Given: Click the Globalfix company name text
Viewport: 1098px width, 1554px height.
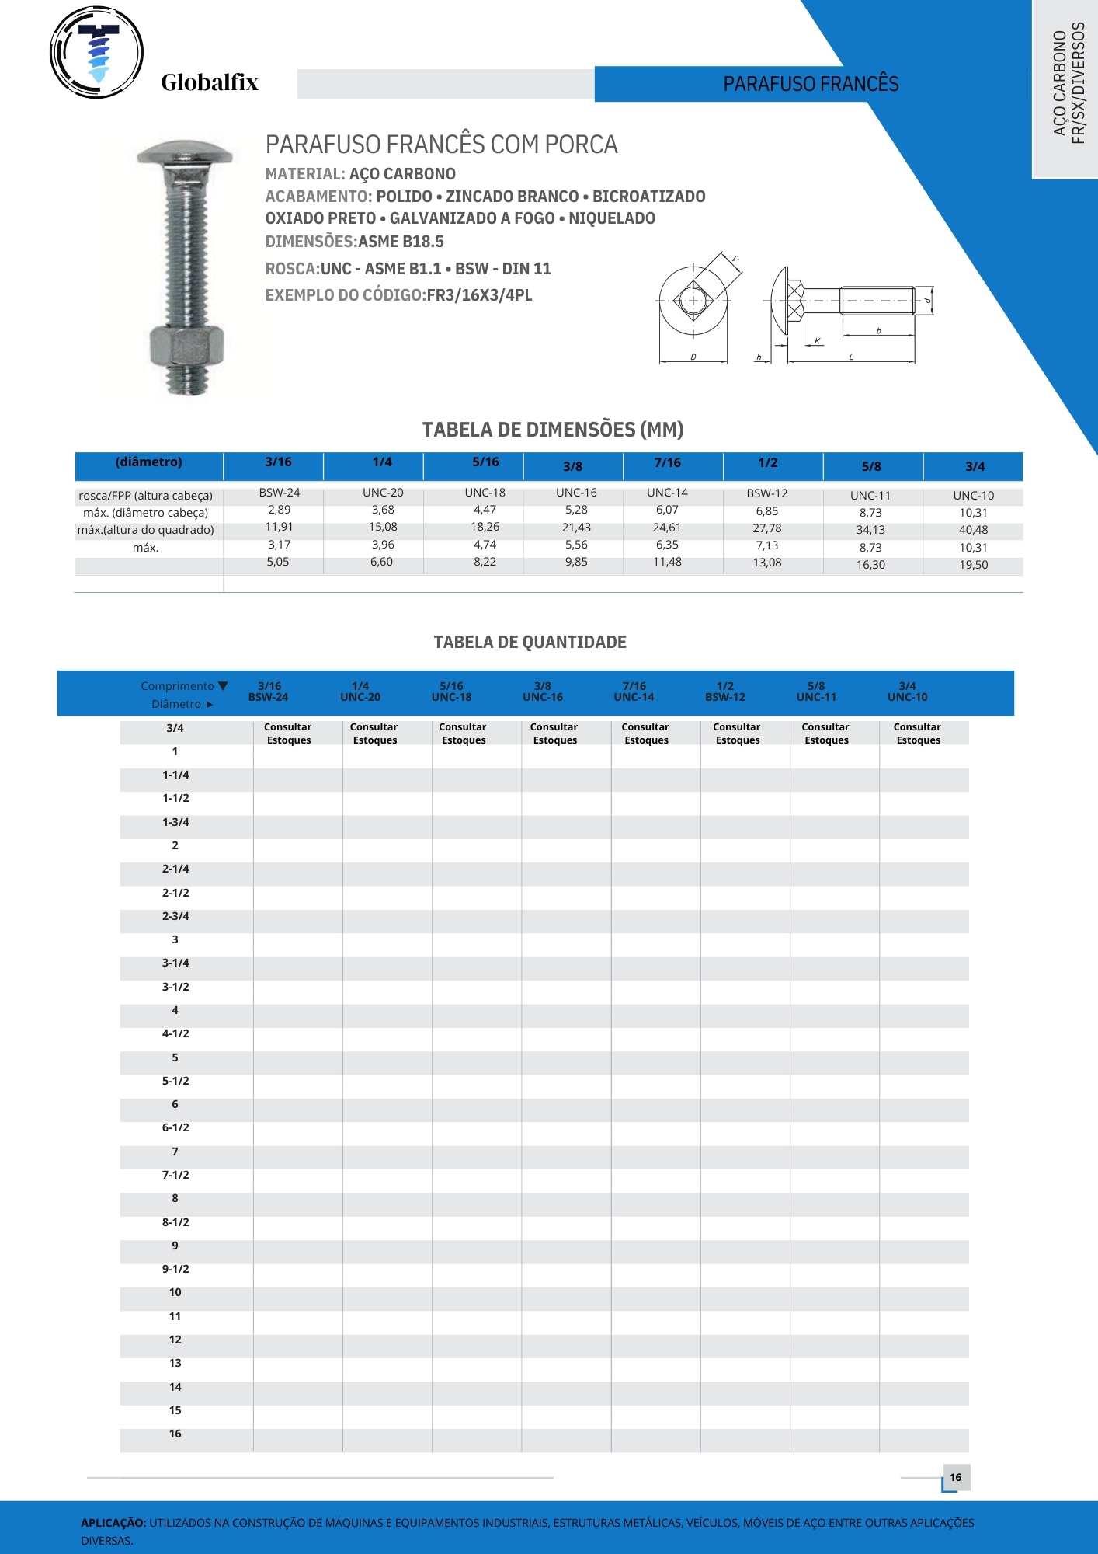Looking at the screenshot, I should [x=209, y=82].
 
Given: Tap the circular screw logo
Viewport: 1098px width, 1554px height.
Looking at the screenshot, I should [x=96, y=53].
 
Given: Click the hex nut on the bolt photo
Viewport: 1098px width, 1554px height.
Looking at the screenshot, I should [x=186, y=347].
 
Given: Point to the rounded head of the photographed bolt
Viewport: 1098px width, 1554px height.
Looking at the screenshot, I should [x=185, y=153].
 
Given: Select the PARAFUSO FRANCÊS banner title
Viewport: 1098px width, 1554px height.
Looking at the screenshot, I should [x=811, y=84].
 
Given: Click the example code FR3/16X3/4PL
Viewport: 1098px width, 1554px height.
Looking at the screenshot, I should [x=479, y=295].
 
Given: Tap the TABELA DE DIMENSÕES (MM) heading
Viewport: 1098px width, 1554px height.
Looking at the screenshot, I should [x=553, y=430].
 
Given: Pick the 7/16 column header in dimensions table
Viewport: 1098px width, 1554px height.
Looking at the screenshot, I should [x=667, y=462].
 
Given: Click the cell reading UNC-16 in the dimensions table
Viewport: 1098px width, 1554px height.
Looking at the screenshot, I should [x=576, y=493].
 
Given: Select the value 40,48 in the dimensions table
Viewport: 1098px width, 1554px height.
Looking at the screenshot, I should [x=973, y=530].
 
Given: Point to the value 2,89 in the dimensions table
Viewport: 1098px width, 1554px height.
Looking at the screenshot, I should [x=279, y=510].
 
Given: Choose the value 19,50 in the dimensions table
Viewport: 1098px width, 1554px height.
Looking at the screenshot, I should [x=973, y=565].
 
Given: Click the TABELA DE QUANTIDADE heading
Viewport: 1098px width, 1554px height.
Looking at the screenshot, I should [x=530, y=642].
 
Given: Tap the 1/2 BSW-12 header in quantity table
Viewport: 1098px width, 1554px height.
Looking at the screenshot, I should [x=724, y=692].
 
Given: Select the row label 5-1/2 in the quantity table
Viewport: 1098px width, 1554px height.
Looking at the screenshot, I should [x=175, y=1081].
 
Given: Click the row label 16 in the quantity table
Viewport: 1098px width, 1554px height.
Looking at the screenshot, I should [x=175, y=1434].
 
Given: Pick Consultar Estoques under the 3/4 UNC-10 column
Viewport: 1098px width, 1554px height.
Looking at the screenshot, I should [x=917, y=733].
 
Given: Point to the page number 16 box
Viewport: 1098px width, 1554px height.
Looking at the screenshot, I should [x=955, y=1477].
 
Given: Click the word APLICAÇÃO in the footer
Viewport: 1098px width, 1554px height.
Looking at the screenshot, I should [x=113, y=1523].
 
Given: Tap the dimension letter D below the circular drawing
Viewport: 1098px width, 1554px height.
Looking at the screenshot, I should [x=693, y=357].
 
